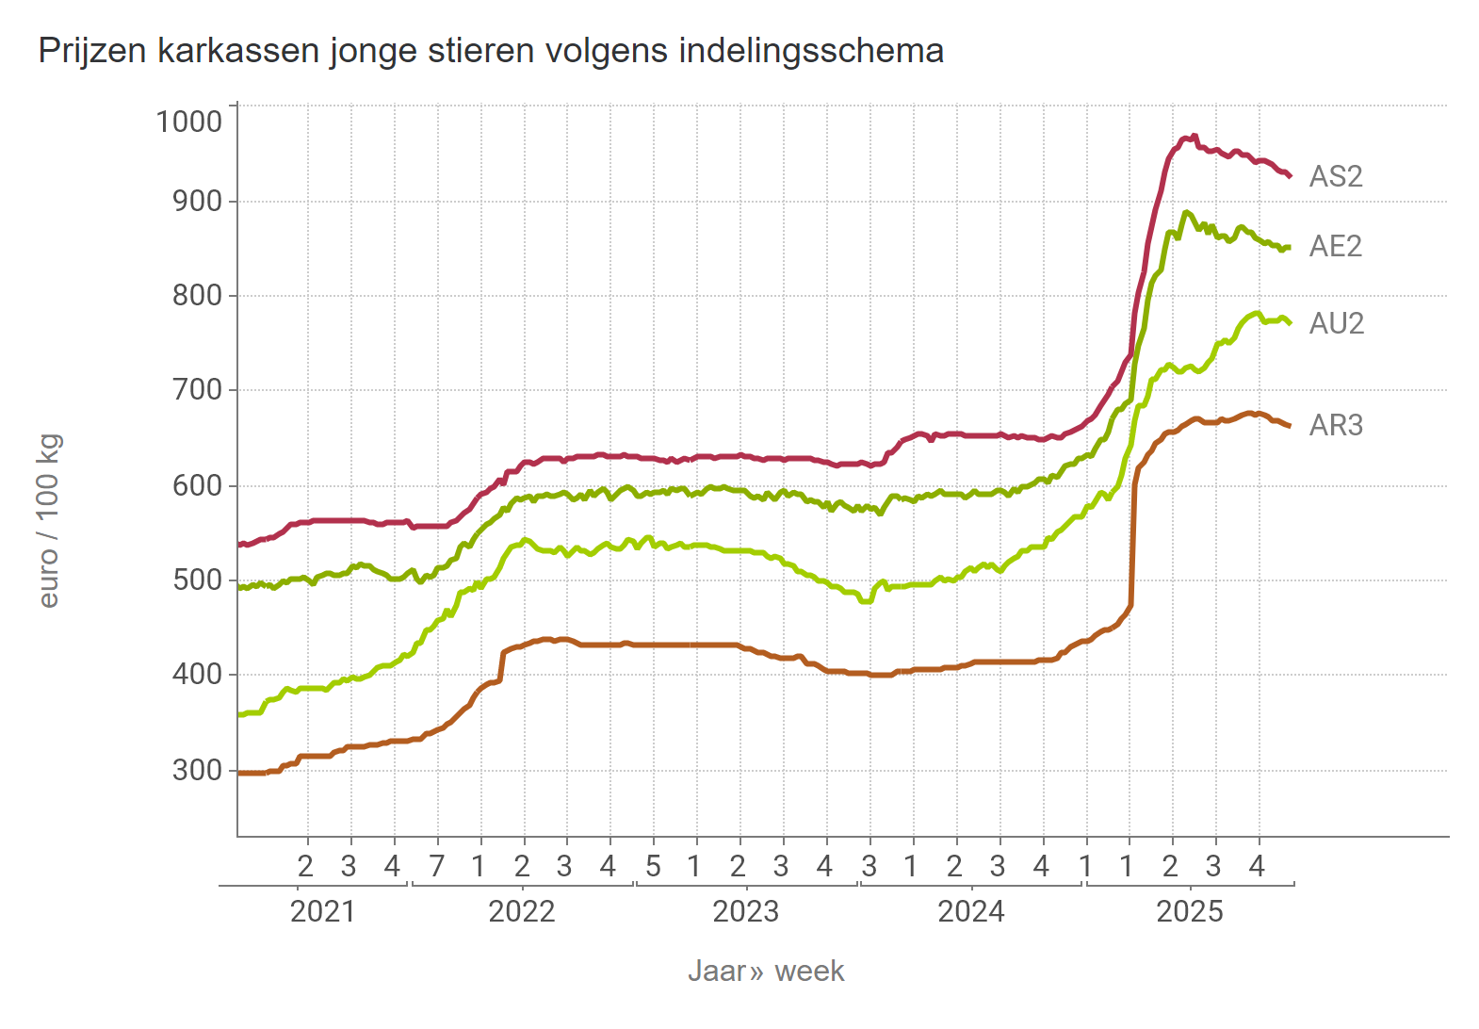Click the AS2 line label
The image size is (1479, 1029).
1335,177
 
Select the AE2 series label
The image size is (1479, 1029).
1335,247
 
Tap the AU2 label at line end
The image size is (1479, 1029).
1336,324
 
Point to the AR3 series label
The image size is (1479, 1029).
1336,426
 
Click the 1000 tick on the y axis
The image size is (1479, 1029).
188,122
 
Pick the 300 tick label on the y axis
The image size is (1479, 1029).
197,771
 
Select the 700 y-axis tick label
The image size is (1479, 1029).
197,389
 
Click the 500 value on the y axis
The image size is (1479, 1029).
197,580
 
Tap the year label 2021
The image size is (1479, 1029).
322,912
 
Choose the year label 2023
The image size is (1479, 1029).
745,912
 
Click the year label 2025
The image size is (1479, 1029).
1189,912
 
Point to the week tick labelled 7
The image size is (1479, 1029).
436,867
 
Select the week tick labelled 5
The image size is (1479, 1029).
653,867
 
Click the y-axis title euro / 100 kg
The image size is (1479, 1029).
49,520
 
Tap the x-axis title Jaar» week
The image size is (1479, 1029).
765,972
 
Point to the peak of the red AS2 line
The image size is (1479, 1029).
1194,136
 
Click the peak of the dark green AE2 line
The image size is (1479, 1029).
1186,212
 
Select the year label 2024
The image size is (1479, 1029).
970,912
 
